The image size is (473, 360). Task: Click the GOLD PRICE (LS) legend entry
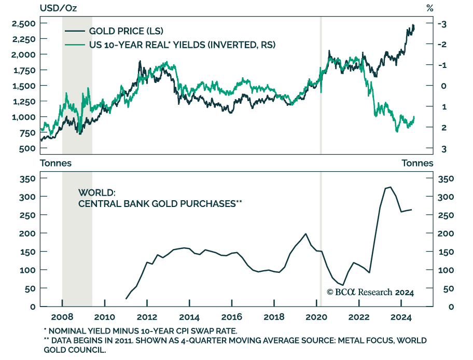pyautogui.click(x=126, y=31)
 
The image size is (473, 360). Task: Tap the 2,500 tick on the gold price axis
pyautogui.click(x=23, y=24)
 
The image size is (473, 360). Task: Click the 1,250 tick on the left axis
pyautogui.click(x=23, y=102)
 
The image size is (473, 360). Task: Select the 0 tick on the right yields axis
pyautogui.click(x=444, y=86)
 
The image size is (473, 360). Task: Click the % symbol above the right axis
pyautogui.click(x=429, y=7)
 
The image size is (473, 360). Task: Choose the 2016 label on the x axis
pyautogui.click(x=232, y=317)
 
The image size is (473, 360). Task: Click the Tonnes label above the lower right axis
pyautogui.click(x=417, y=163)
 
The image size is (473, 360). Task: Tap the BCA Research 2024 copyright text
pyautogui.click(x=370, y=293)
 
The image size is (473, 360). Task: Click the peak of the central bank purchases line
pyautogui.click(x=390, y=187)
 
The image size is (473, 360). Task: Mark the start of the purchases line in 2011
pyautogui.click(x=126, y=299)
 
